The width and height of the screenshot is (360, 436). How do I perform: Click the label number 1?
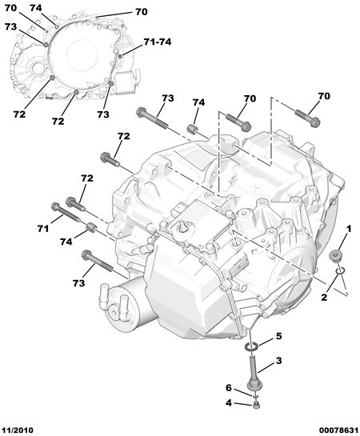click(x=348, y=229)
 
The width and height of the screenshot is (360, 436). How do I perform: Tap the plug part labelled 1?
click(x=334, y=256)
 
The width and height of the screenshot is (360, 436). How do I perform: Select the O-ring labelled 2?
click(x=340, y=270)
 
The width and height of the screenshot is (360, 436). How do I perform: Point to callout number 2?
click(x=324, y=298)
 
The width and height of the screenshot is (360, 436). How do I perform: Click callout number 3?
click(x=278, y=361)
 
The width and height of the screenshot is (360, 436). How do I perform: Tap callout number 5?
click(x=278, y=336)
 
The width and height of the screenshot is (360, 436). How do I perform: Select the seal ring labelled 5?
click(x=251, y=346)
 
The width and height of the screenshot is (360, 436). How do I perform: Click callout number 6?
click(x=229, y=388)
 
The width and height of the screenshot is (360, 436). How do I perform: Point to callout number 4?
click(x=229, y=402)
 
